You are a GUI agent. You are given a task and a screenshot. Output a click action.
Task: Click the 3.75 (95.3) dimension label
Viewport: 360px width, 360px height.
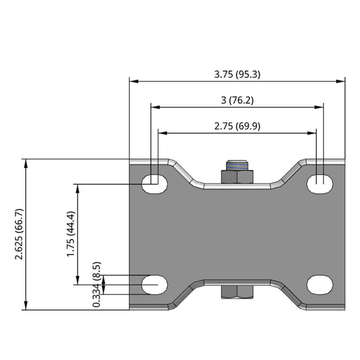(x=237, y=75)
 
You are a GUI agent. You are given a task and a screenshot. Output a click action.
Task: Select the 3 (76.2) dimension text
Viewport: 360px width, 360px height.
(x=237, y=100)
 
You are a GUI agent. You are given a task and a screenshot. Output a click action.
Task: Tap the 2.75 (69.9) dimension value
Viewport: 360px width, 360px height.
(x=237, y=126)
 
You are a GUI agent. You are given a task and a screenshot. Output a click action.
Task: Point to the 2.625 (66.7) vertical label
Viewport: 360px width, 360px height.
(x=19, y=234)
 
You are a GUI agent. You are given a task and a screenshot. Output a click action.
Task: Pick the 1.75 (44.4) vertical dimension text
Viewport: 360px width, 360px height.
(x=71, y=234)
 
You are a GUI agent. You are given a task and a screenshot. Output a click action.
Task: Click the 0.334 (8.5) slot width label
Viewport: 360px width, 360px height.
(x=97, y=284)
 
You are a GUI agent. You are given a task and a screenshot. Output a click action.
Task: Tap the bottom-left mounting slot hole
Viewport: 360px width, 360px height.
(x=154, y=284)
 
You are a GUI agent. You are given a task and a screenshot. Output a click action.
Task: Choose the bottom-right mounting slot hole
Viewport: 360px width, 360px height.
(x=320, y=284)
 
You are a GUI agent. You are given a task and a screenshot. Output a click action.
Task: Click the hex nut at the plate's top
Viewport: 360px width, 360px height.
(x=237, y=177)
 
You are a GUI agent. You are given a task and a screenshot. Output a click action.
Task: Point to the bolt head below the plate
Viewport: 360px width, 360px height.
(x=237, y=292)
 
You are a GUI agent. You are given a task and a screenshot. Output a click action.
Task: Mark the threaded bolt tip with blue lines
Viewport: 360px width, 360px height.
(x=237, y=165)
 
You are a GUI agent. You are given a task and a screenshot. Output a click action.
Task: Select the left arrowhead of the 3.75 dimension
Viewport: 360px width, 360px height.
(x=134, y=81)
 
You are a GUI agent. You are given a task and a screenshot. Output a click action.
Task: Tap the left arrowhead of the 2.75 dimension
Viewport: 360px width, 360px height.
(x=162, y=133)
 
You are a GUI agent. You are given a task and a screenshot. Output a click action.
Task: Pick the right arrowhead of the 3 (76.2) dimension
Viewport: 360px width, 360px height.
(x=319, y=107)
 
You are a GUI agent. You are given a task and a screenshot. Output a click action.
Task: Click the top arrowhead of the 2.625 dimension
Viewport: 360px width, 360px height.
(x=25, y=163)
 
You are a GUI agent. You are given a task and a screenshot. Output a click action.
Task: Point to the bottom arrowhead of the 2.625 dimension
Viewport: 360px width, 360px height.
(x=25, y=306)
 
